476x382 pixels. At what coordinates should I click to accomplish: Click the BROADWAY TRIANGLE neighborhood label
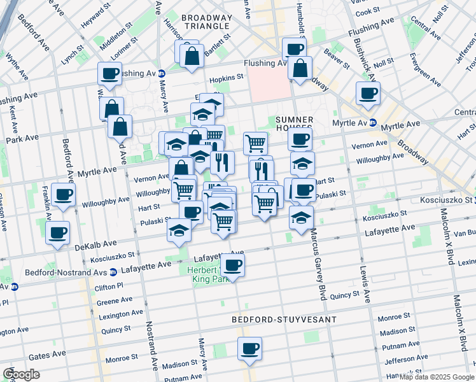pos(205,21)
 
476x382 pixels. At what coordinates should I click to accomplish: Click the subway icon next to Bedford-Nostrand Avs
pos(113,272)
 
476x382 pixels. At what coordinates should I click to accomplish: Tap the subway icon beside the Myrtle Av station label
pos(373,123)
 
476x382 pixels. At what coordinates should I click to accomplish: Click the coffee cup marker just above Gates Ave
pos(249,349)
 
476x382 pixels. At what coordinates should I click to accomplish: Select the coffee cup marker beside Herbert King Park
pos(232,265)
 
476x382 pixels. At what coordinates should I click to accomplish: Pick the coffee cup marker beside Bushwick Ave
pos(368,94)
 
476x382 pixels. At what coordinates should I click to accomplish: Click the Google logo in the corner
pos(21,374)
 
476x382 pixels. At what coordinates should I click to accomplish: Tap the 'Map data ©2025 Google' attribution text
pos(437,377)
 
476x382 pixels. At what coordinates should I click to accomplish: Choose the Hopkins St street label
pos(227,77)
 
